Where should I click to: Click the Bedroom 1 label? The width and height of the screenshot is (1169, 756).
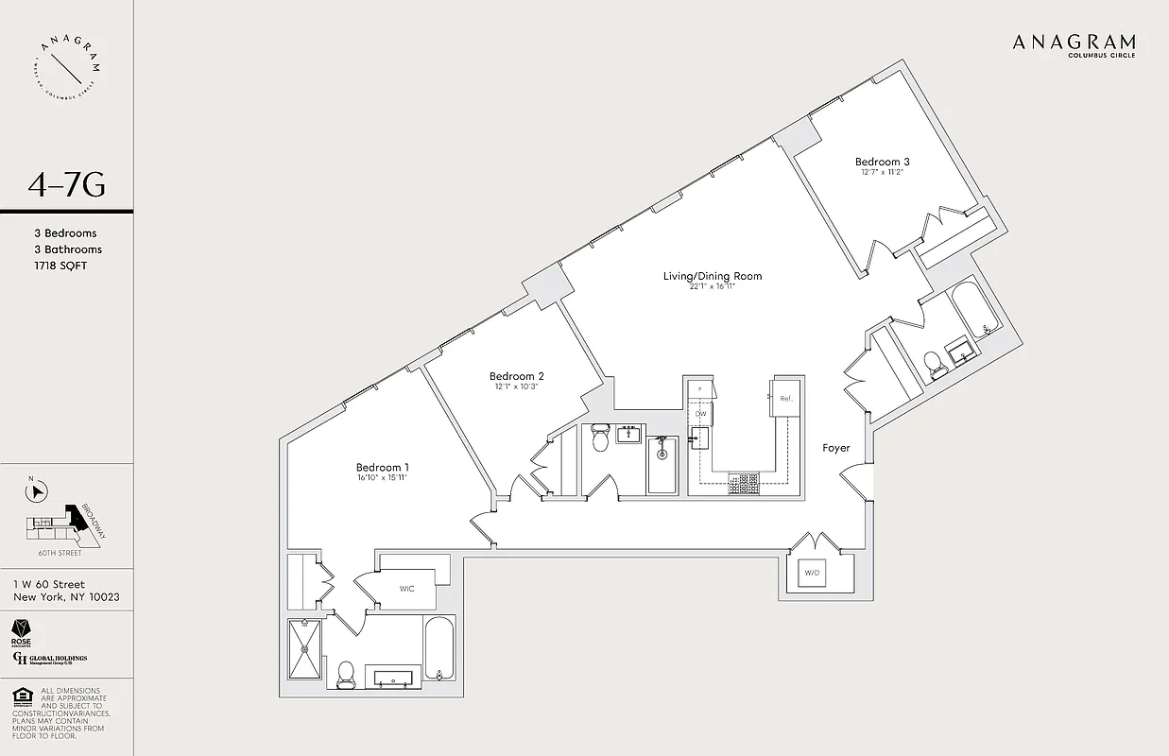coord(382,467)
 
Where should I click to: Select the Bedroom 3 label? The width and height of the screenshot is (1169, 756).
coord(882,162)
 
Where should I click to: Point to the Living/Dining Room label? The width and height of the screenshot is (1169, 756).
coord(712,276)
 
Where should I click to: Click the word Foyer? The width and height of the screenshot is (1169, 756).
coord(836,448)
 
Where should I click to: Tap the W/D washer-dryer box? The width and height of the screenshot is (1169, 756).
coord(813,573)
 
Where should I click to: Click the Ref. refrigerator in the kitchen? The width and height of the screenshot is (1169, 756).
coord(785,398)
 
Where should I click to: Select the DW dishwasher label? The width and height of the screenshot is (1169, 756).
coord(700,414)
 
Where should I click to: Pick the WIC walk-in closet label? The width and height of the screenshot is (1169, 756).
coord(406,589)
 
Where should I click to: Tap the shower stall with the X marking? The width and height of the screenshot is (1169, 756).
coord(305,647)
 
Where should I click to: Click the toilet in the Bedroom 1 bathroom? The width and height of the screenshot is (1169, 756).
coord(345,672)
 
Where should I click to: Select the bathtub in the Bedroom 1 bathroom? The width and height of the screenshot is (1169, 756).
coord(439,648)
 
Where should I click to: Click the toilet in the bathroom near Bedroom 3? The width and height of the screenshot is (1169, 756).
coord(935,364)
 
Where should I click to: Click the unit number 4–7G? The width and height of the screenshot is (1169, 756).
coord(66,185)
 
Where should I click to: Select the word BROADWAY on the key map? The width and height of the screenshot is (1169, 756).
coord(95,520)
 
